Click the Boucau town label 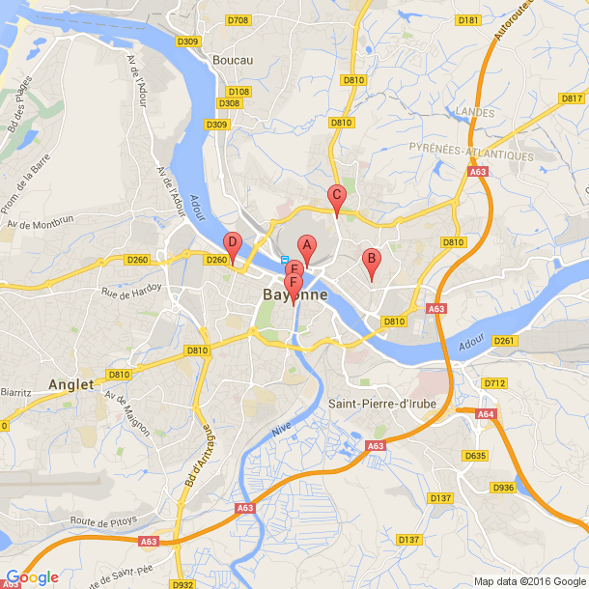click(x=234, y=60)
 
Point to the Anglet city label click(x=72, y=384)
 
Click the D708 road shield click(x=238, y=20)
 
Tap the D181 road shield click(x=468, y=19)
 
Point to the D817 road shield click(x=572, y=98)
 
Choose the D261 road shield click(x=504, y=341)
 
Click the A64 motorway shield click(x=486, y=414)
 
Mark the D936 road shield click(x=503, y=488)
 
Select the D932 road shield click(x=182, y=584)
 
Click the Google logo click(x=32, y=577)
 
